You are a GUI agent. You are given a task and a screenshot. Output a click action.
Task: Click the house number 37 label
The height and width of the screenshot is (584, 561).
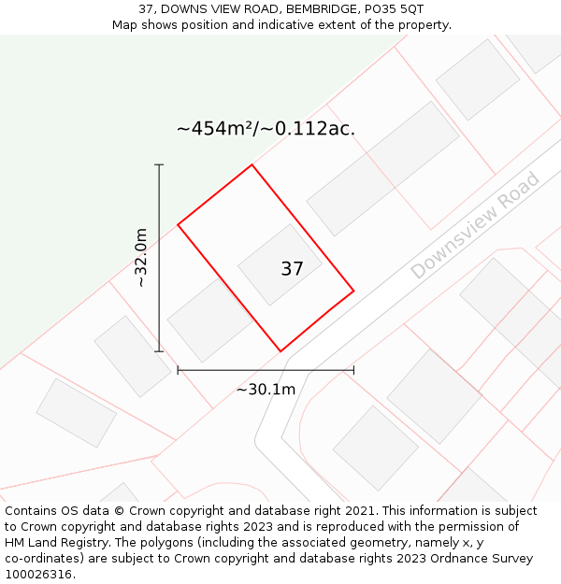(x=292, y=269)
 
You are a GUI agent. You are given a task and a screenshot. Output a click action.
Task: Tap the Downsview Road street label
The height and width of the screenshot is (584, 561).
(x=475, y=225)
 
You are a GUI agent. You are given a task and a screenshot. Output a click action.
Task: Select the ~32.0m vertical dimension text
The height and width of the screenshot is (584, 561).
(x=141, y=257)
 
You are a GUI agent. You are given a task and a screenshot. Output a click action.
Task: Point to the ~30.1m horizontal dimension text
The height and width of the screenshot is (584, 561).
(x=266, y=389)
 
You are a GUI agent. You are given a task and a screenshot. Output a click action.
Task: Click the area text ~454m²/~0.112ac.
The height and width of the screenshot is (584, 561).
(x=266, y=129)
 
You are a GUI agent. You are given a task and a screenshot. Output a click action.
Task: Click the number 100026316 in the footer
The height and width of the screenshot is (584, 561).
(x=38, y=575)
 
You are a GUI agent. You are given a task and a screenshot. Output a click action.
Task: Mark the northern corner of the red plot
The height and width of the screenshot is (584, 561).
(x=252, y=165)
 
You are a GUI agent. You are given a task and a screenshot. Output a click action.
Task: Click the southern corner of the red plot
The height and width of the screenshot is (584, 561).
(x=280, y=351)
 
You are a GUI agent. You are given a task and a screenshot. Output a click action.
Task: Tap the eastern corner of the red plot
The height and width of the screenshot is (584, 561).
(x=353, y=291)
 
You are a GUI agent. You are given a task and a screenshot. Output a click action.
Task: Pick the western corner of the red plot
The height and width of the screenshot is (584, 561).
(x=178, y=225)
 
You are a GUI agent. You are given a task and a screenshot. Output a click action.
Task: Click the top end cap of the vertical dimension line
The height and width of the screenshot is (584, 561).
(x=159, y=165)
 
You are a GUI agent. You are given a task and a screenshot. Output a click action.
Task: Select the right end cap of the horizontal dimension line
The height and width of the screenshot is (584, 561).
(x=353, y=370)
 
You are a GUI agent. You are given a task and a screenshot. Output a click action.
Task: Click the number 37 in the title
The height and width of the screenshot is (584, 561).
(x=146, y=8)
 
